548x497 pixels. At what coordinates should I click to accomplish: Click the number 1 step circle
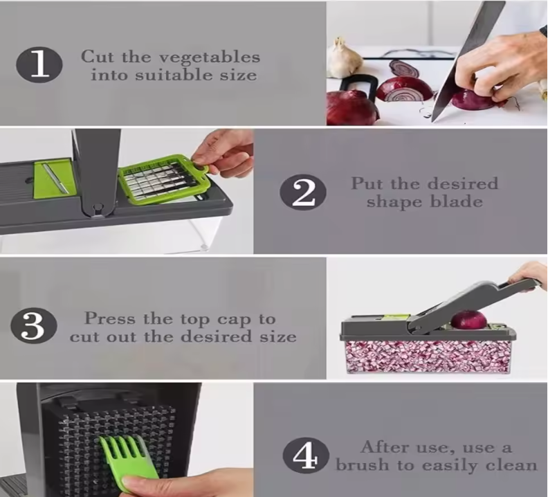click(x=39, y=65)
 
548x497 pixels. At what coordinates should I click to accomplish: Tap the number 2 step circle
click(x=303, y=192)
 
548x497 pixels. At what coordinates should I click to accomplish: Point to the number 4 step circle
click(x=306, y=455)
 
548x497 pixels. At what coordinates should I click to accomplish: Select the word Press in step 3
click(x=110, y=318)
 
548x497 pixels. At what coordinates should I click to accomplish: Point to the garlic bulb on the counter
click(x=340, y=57)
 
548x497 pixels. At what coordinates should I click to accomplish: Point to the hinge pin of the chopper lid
click(x=98, y=209)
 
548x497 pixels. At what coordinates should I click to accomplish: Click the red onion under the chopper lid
click(x=468, y=320)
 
